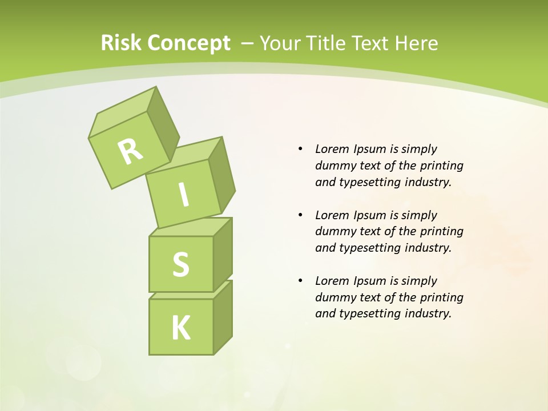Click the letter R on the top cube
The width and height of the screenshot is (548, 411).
click(130, 152)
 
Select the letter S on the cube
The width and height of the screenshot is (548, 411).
click(180, 264)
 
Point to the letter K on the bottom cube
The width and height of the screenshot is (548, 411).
click(181, 328)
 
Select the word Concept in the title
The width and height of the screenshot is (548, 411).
click(188, 43)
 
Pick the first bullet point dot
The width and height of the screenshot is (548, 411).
click(300, 149)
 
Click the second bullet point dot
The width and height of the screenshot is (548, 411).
click(300, 215)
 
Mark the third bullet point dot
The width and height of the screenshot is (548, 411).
click(300, 281)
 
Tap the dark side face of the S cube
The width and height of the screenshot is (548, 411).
click(223, 254)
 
